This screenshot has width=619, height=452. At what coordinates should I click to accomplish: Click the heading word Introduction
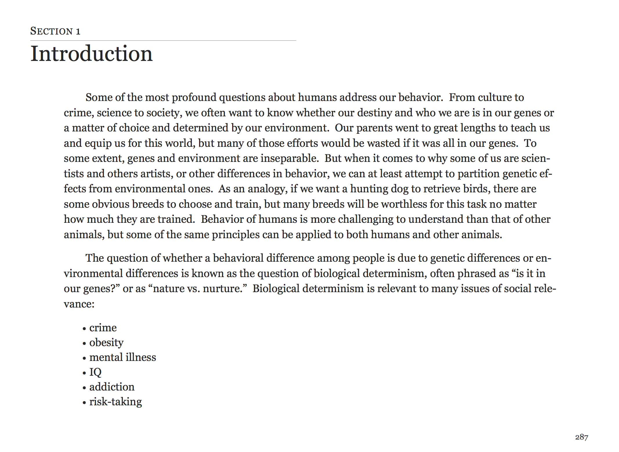(91, 54)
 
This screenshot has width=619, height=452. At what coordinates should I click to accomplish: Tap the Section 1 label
(55, 31)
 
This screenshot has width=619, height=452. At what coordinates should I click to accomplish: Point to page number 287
(582, 437)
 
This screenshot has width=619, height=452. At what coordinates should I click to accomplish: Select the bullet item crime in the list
(103, 328)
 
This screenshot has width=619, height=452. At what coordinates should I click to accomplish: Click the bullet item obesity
(106, 343)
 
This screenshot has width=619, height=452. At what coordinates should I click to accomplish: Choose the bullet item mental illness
(122, 357)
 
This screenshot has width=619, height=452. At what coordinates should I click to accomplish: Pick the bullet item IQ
(95, 372)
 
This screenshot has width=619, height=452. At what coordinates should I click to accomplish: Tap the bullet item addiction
(112, 387)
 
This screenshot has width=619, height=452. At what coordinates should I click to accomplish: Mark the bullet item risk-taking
(116, 402)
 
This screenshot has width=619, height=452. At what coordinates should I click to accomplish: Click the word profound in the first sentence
(194, 98)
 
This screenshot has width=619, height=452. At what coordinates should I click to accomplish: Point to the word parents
(374, 128)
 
